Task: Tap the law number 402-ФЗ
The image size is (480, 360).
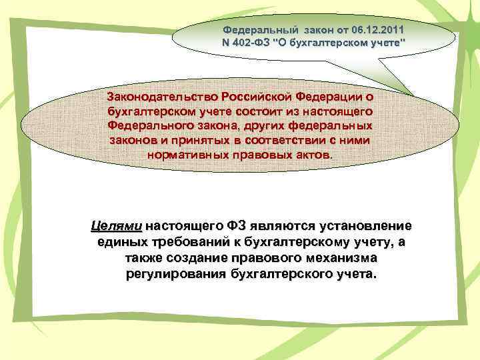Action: click(x=255, y=44)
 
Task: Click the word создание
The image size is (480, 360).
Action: click(x=193, y=258)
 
